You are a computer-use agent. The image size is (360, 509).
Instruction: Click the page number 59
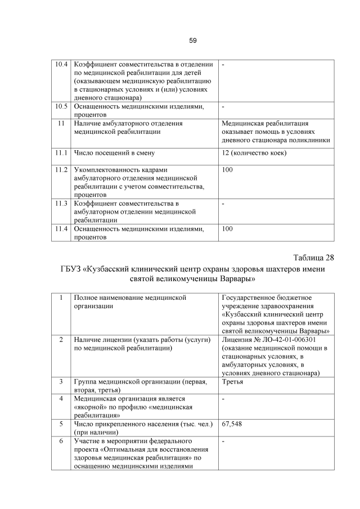(192, 40)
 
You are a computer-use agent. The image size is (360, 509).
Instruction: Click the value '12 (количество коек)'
(254, 152)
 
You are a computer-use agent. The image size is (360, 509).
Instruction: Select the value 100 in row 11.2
(227, 169)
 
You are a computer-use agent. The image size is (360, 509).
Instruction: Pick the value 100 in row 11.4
(227, 229)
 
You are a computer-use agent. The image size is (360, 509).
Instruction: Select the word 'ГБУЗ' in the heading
(71, 269)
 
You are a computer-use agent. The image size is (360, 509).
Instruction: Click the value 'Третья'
(232, 381)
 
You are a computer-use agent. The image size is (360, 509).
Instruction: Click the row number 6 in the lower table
(60, 441)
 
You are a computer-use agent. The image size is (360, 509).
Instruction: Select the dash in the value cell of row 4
(223, 399)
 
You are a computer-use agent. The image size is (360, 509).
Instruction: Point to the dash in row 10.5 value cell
(223, 106)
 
